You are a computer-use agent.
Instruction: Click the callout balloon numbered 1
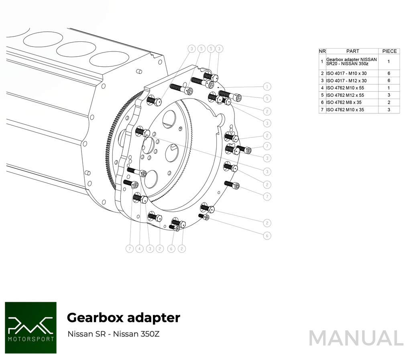pos(267,86)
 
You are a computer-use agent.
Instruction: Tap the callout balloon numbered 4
pos(140,249)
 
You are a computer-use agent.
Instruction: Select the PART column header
pos(352,51)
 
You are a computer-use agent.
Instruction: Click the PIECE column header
pos(389,51)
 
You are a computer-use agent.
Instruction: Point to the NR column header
pos(322,51)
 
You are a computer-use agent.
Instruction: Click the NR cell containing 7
pos(322,110)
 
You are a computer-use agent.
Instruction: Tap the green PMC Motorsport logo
pos(31,327)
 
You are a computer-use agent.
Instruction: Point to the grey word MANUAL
pos(356,338)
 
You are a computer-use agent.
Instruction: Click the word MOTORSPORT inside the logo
pos(31,339)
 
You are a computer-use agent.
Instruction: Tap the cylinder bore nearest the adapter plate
pos(106,59)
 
